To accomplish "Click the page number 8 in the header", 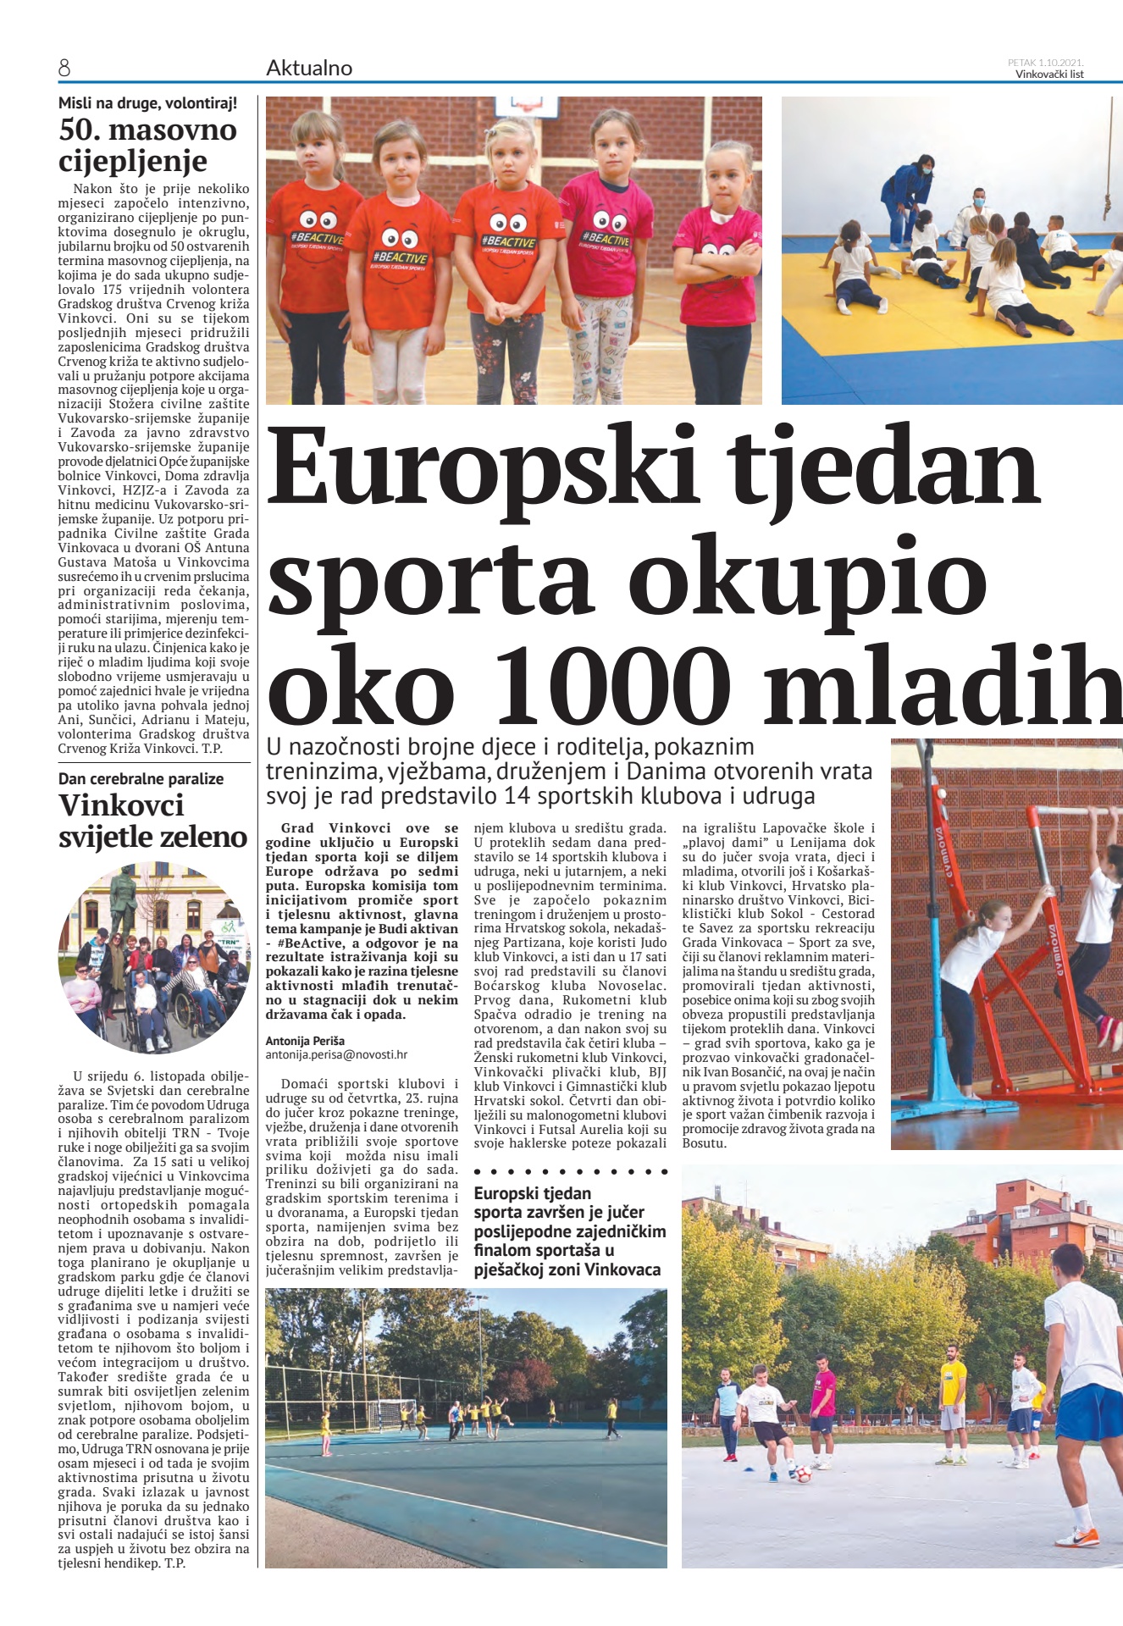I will tap(64, 69).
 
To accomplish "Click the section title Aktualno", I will tap(309, 69).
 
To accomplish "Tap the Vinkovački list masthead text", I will tap(1049, 74).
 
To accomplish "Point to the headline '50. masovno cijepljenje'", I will tap(147, 145).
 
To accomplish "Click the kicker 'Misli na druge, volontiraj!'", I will tap(147, 103).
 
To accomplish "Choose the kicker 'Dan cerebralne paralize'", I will tap(141, 778).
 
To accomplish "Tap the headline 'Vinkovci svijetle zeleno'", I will tap(152, 821).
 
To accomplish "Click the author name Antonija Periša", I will tap(305, 1041).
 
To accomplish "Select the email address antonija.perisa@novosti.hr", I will tap(336, 1054).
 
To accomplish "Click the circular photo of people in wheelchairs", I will tap(153, 957).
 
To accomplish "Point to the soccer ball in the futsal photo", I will tap(802, 1474).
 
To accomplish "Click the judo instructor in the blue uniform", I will tap(905, 199).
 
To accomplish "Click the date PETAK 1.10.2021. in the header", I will tap(1045, 62).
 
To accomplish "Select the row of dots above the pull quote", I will tap(570, 1172).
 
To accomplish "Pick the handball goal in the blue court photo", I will tap(396, 1412).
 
